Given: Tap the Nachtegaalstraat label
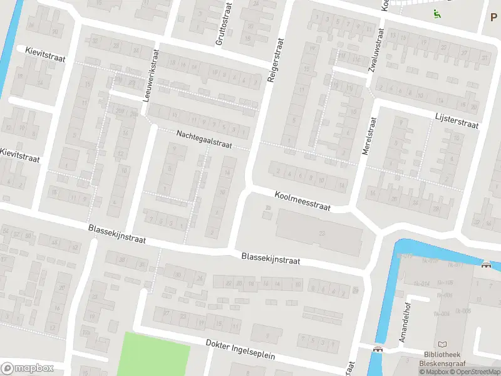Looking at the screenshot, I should point(204,138).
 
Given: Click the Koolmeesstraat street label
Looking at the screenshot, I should point(302,201).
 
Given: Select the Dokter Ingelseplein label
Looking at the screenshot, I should point(240,350).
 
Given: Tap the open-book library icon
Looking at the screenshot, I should point(444,344).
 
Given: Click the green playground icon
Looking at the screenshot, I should point(436,13).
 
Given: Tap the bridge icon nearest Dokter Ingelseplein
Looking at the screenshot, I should point(377,349).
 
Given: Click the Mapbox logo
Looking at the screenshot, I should point(27,368).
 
